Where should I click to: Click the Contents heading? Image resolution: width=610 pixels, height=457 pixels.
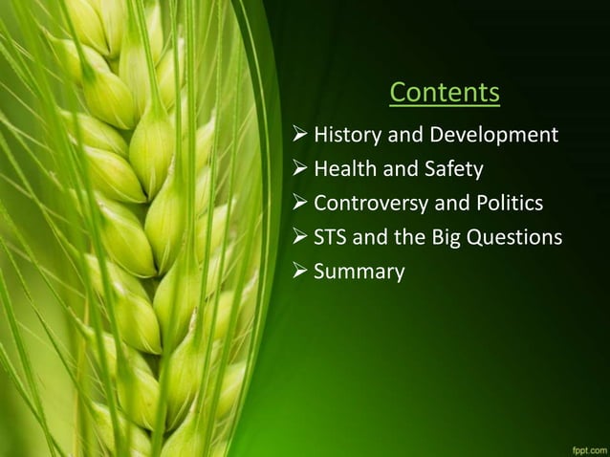pyautogui.click(x=445, y=93)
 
